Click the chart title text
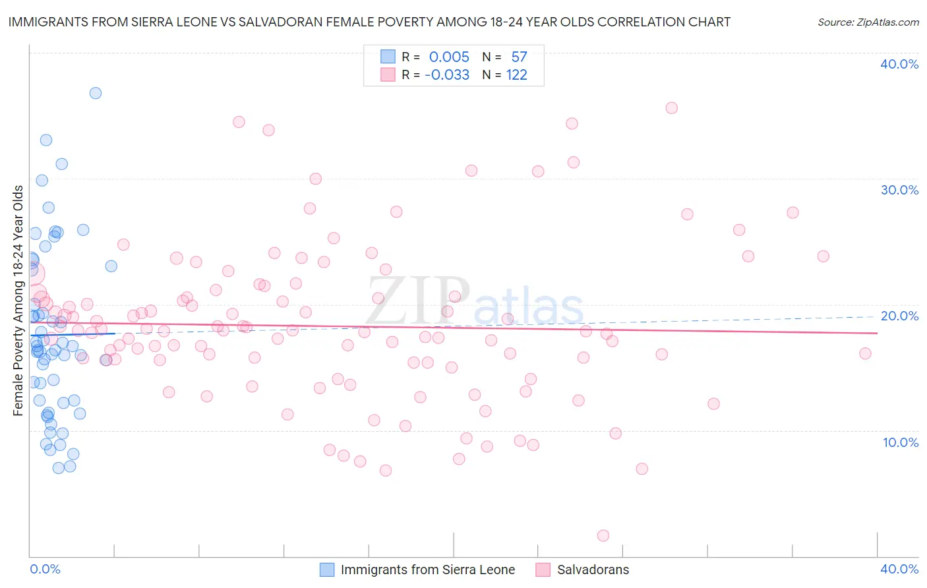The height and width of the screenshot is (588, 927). [369, 22]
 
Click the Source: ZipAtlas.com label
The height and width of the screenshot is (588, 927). [868, 22]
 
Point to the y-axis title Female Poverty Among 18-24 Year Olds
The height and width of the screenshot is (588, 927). [18, 301]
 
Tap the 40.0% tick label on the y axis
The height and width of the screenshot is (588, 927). [899, 64]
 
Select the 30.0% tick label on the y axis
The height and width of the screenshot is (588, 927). [899, 190]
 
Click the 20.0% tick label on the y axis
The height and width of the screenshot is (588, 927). [899, 316]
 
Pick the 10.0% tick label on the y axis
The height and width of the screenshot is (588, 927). [901, 442]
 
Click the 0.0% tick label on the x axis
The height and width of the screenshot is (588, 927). [45, 569]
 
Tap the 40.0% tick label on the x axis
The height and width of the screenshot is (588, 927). [899, 569]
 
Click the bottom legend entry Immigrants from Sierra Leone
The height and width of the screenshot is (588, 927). [427, 570]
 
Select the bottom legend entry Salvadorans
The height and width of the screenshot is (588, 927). [593, 570]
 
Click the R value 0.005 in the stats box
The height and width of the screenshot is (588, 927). [449, 57]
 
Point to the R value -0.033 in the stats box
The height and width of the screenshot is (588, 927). [447, 75]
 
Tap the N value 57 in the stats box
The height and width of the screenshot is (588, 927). [519, 57]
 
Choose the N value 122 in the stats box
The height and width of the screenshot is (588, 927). [517, 75]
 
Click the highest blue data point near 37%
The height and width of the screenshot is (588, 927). [96, 93]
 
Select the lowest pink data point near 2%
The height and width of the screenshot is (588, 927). [603, 535]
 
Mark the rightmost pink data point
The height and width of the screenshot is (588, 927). [865, 353]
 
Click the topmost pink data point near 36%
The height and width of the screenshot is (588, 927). [671, 108]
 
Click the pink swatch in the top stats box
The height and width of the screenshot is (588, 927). [388, 75]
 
